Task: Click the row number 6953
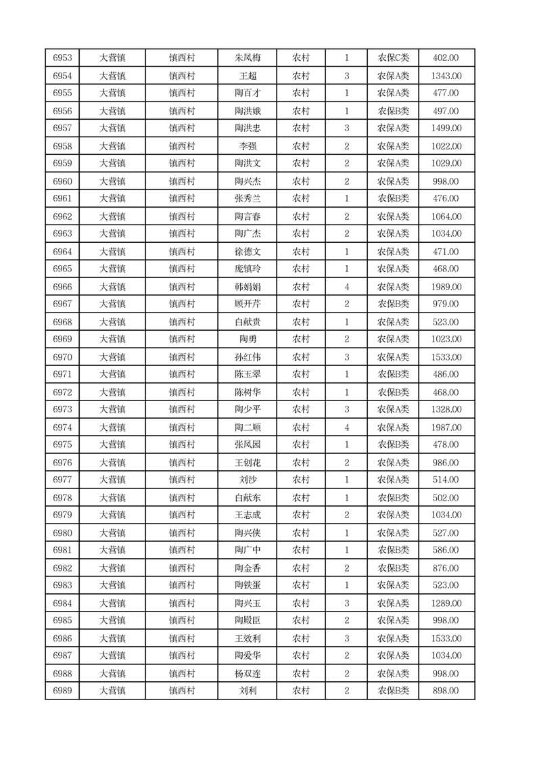coord(62,58)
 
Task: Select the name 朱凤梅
coord(247,58)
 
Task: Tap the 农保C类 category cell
coord(393,58)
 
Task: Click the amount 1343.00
coord(446,76)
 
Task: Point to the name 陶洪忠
coord(247,128)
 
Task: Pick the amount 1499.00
coord(446,128)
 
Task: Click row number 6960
coord(62,181)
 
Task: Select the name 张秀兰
coord(247,198)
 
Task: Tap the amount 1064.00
coord(446,216)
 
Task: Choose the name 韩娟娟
coord(247,287)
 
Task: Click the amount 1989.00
coord(446,287)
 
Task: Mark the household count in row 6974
coord(346,428)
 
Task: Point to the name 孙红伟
coord(247,357)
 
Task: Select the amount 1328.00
coord(446,409)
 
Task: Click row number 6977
coord(62,480)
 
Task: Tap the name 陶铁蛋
coord(247,585)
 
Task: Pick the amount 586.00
coord(446,550)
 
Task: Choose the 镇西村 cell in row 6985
coord(181,620)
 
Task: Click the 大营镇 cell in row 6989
coord(112,691)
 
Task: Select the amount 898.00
coord(446,691)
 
